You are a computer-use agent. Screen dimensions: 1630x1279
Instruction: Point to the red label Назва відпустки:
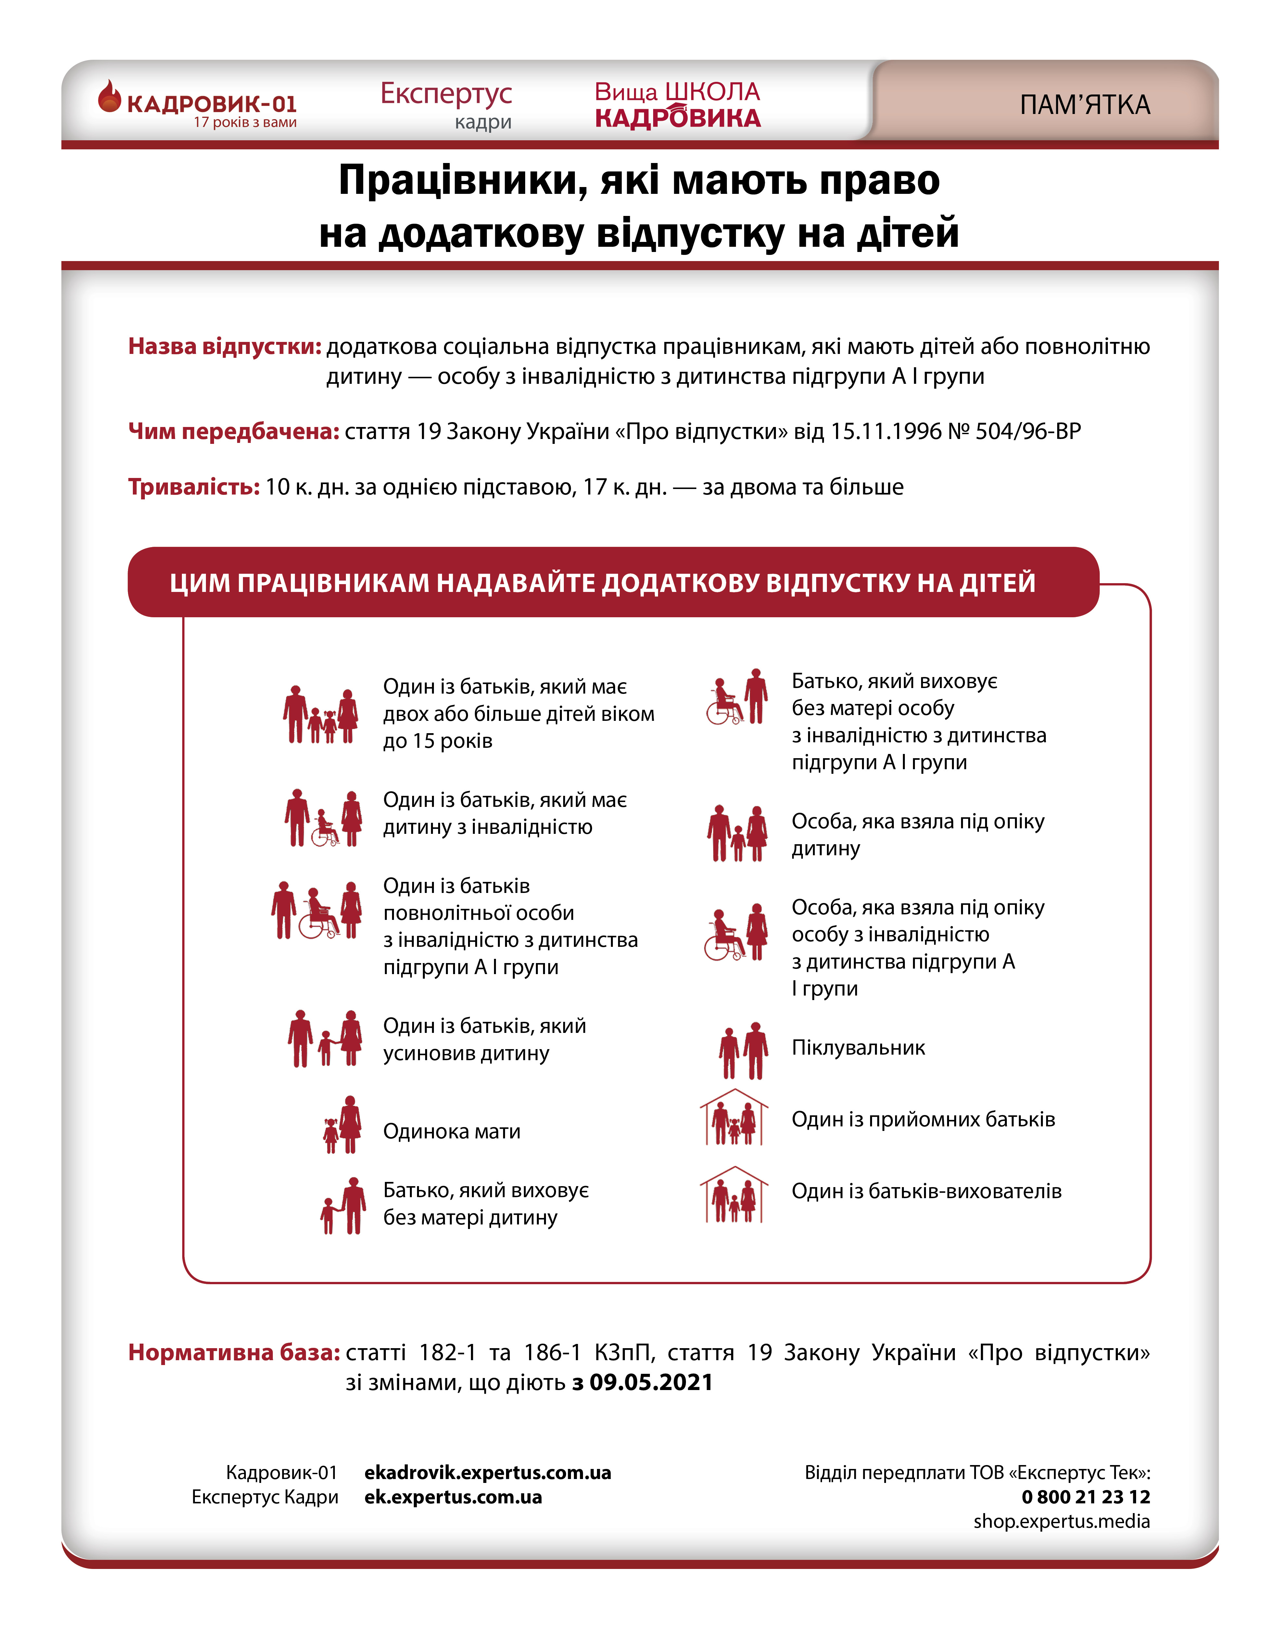click(x=225, y=347)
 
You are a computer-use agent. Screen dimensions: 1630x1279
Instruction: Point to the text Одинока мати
click(x=451, y=1131)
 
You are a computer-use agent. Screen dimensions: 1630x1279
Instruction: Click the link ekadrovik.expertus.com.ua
click(x=488, y=1473)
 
